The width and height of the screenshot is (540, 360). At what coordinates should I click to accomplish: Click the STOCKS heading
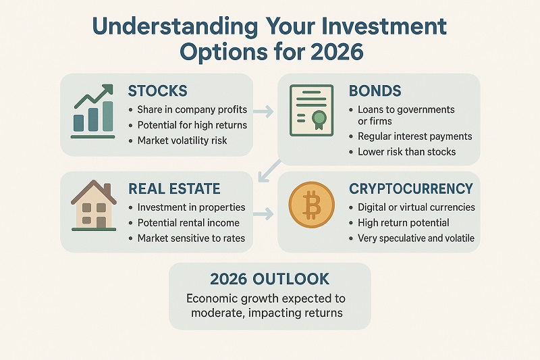pos(157,91)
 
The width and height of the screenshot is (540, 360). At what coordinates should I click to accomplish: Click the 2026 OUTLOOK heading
pos(269,279)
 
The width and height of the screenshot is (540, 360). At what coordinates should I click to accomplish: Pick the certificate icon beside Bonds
pos(308,110)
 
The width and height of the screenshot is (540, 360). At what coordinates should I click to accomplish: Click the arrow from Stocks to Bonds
pos(265,109)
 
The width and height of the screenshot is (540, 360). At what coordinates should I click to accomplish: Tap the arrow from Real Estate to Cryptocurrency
pos(265,215)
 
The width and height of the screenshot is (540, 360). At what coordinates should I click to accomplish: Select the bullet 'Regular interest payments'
pos(410,136)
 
